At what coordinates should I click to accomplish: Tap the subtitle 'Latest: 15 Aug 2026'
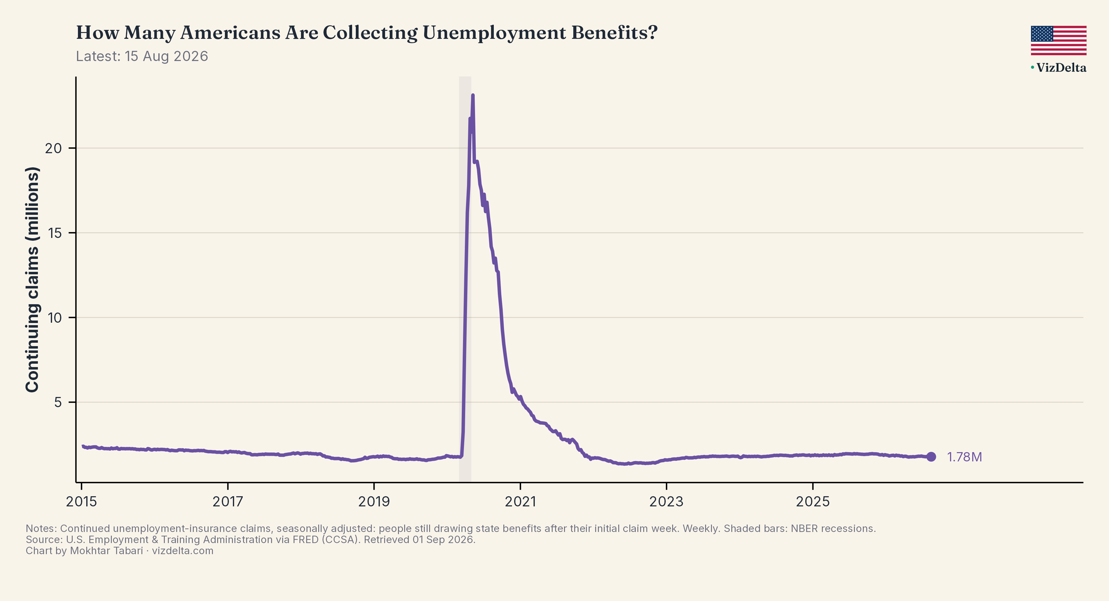[142, 56]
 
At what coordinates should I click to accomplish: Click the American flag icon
[1058, 40]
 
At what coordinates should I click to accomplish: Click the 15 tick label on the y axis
[55, 233]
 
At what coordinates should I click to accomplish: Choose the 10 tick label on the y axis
[55, 318]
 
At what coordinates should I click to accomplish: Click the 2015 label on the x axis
[81, 501]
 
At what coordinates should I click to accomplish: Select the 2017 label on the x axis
[228, 501]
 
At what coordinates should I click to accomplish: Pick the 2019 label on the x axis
[374, 501]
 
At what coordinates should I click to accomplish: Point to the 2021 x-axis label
[521, 501]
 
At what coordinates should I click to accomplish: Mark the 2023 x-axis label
[666, 501]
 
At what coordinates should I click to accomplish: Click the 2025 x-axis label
[813, 501]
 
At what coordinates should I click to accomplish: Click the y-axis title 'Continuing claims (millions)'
[33, 280]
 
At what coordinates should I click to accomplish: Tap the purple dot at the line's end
[931, 457]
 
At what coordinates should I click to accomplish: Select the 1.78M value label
[964, 457]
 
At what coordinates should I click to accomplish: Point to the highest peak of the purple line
[473, 95]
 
